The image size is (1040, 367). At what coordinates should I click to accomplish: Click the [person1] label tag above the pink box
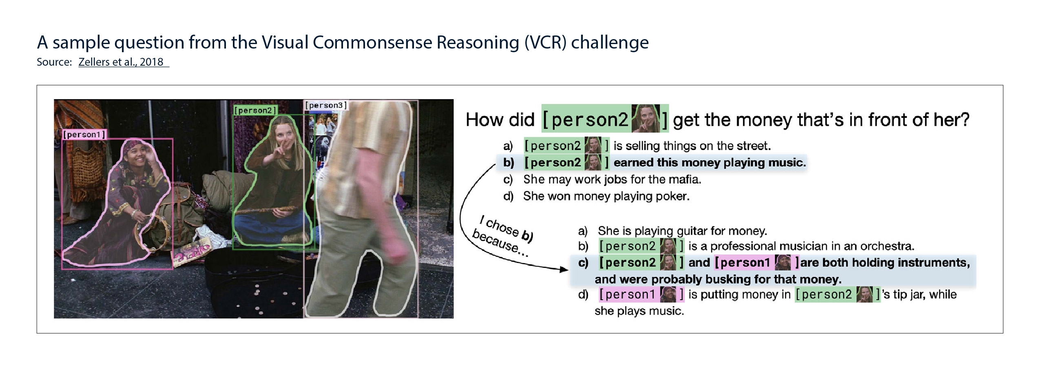[84, 135]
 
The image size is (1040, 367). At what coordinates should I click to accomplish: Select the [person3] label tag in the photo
[326, 105]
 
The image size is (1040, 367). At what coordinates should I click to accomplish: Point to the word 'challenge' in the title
[610, 42]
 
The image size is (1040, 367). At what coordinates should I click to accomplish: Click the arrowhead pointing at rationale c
[564, 270]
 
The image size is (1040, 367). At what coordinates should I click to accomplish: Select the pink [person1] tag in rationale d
[641, 294]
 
